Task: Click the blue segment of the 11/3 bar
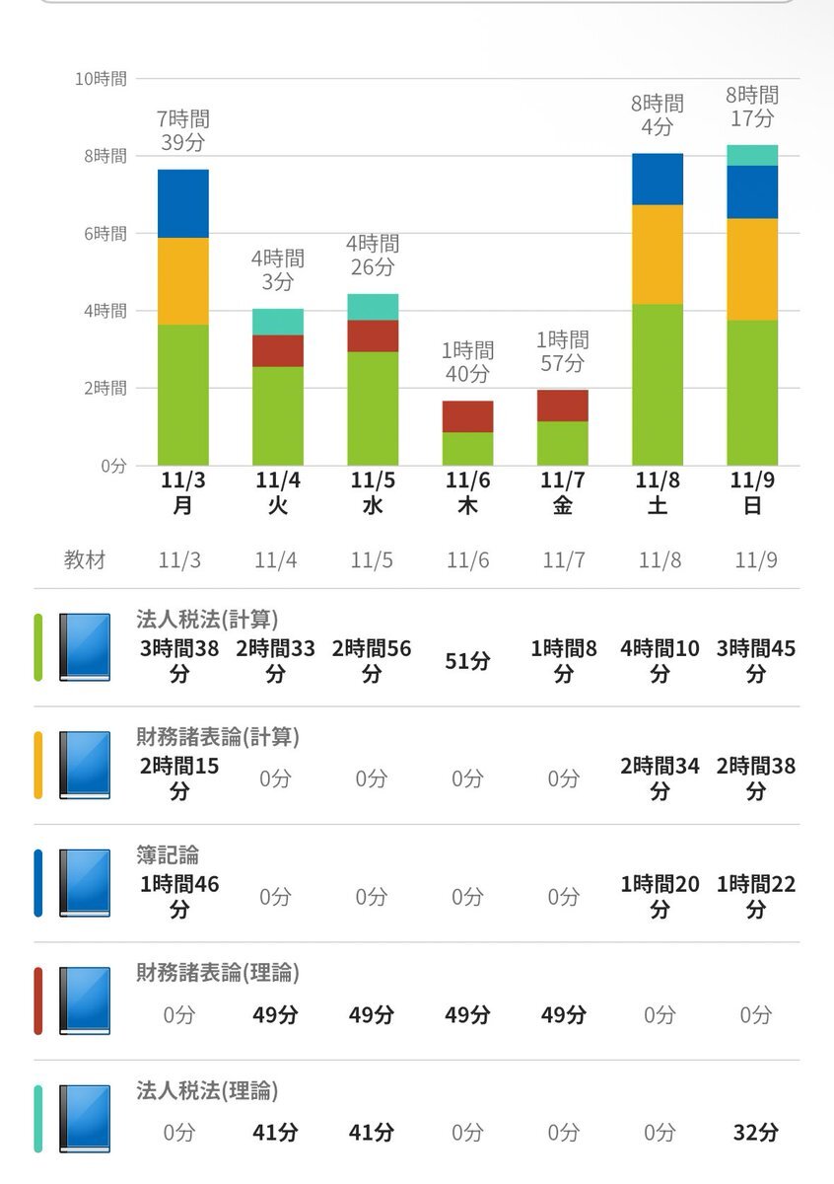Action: (x=183, y=204)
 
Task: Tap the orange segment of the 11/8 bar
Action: (x=658, y=255)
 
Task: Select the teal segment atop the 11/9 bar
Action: (x=752, y=155)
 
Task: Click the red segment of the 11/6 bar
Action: (x=467, y=416)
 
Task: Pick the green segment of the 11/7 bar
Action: (x=563, y=444)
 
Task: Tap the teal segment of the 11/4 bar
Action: (x=278, y=322)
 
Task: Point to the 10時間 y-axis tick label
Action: (x=102, y=79)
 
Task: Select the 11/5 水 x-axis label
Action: (x=373, y=492)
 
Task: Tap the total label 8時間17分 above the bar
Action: (x=752, y=107)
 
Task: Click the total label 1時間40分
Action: (x=467, y=362)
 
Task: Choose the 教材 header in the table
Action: (x=85, y=560)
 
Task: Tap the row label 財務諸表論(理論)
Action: (x=218, y=973)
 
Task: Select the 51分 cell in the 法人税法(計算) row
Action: (x=467, y=661)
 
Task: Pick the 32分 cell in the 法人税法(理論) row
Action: (x=755, y=1133)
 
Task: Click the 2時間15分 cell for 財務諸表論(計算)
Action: (x=179, y=778)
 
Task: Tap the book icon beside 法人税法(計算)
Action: (x=85, y=647)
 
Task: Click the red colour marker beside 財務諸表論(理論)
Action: (x=38, y=1000)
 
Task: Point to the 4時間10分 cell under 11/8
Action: (x=660, y=661)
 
